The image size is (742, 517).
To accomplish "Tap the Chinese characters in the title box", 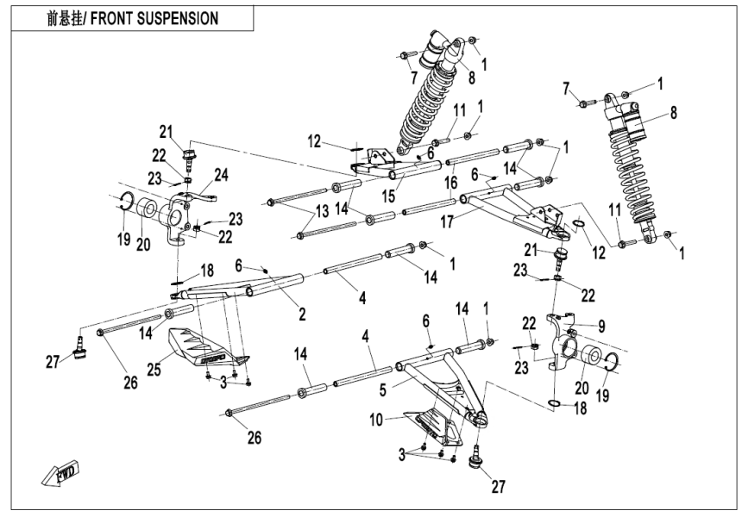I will coord(66,18).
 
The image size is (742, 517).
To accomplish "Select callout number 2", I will coord(303,315).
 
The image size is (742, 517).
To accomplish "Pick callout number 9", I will coord(601,326).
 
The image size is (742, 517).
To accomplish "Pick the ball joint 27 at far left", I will coord(80,344).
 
